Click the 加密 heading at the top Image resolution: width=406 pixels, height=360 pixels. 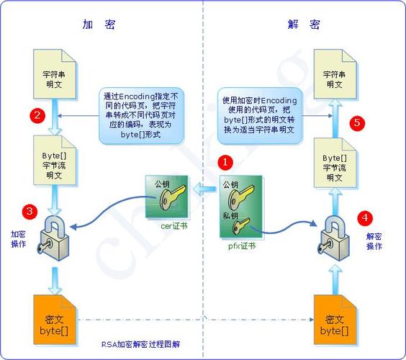(x=99, y=24)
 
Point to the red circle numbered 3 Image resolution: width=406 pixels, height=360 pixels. (x=29, y=211)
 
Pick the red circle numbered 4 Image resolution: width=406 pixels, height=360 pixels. (x=365, y=216)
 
